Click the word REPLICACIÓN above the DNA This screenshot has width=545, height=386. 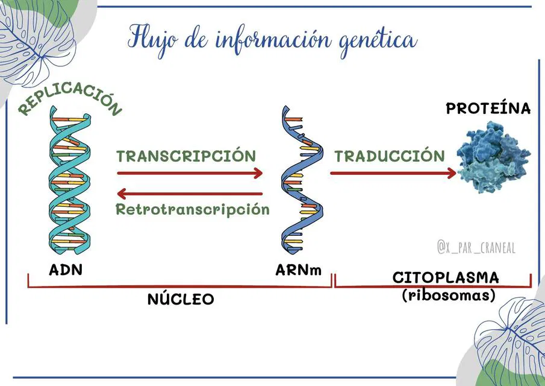pos(70,98)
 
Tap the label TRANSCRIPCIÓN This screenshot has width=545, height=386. pos(186,156)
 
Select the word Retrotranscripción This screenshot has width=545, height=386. pos(193,209)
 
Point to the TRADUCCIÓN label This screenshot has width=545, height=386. pos(390,156)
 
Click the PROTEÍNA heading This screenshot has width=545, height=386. pos(488,109)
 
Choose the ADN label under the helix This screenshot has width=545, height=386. pos(66,270)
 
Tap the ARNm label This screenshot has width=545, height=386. pos(299,270)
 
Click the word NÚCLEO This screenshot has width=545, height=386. pos(181,299)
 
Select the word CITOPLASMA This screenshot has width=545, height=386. pos(446,278)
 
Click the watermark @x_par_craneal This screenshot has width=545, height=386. pos(476,247)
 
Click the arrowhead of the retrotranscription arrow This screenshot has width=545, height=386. pos(122,194)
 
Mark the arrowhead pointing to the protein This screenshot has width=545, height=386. pos(452,173)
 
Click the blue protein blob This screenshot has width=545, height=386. pos(494,157)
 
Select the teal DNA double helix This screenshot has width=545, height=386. pos(69,180)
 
